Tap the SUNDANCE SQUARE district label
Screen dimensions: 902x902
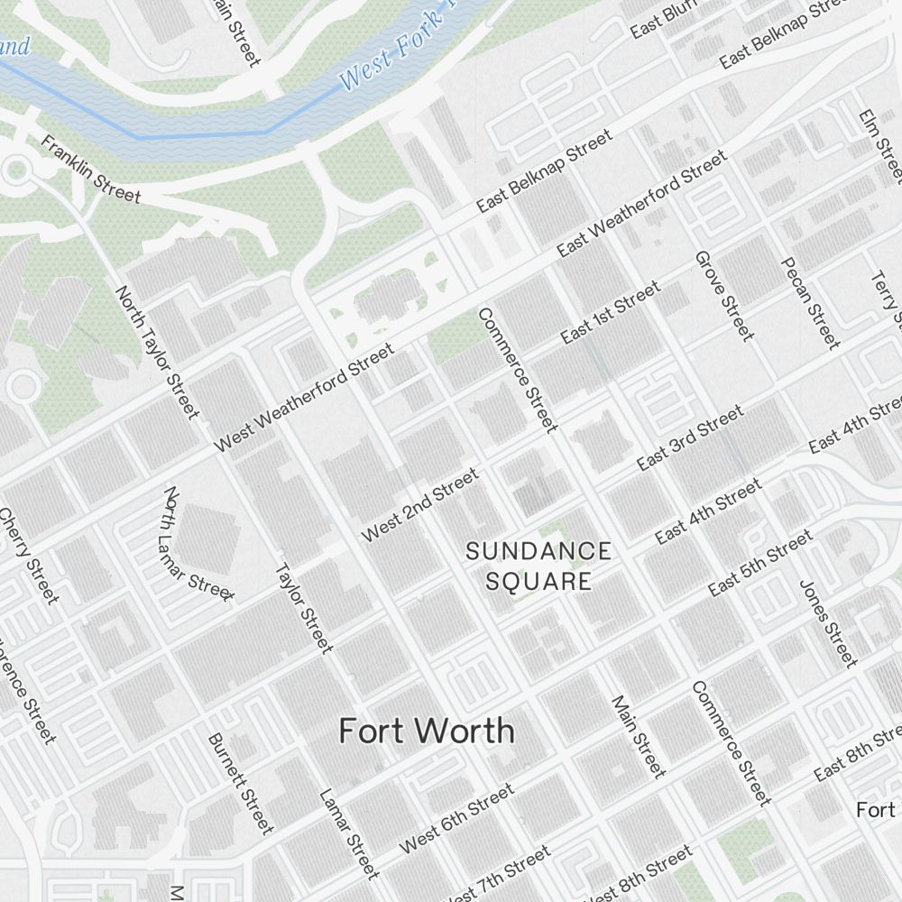(538, 566)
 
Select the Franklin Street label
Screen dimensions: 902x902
(91, 170)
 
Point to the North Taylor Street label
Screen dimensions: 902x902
(157, 353)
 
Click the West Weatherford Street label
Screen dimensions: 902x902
(304, 398)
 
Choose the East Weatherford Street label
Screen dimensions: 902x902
(641, 204)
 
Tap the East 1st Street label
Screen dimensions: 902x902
(610, 313)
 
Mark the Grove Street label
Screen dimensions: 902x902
(723, 296)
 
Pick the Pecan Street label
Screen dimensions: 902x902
(809, 302)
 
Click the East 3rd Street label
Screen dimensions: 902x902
(690, 438)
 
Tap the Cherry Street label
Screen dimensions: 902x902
(29, 557)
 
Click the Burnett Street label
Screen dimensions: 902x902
(240, 782)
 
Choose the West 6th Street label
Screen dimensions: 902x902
(456, 819)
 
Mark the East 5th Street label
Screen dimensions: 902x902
(760, 564)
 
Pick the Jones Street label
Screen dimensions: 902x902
(827, 622)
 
